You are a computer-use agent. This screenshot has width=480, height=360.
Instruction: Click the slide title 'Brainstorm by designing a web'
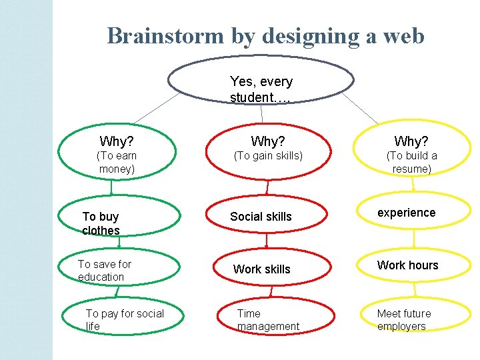tap(265, 35)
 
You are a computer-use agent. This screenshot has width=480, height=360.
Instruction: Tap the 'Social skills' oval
tap(268, 217)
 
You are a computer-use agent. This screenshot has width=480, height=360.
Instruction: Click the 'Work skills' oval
tap(268, 269)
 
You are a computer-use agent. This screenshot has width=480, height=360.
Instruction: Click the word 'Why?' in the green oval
tap(117, 141)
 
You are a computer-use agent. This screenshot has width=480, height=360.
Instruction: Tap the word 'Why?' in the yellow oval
tap(411, 141)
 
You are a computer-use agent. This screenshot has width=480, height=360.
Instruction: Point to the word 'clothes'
tap(101, 231)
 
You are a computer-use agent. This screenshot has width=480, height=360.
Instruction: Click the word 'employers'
tap(401, 327)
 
